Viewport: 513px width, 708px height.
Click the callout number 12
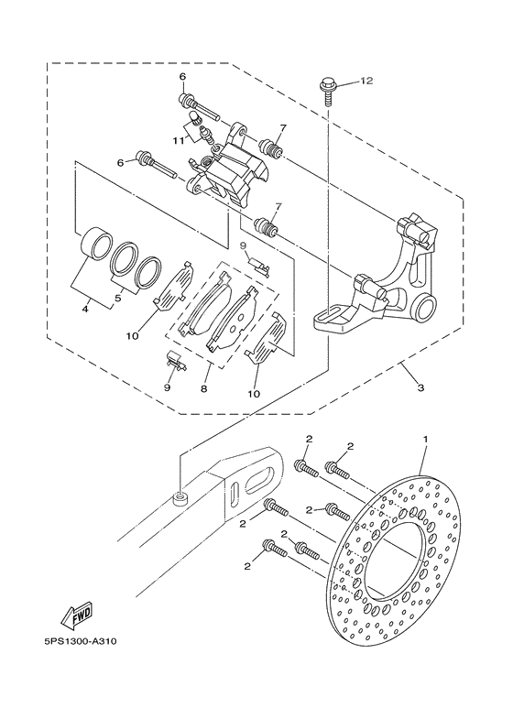click(x=366, y=82)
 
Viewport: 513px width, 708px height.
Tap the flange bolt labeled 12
click(x=327, y=88)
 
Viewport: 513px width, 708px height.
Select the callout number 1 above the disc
click(x=426, y=441)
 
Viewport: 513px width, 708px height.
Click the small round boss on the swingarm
click(x=181, y=497)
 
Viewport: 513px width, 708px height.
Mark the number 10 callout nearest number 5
click(x=133, y=336)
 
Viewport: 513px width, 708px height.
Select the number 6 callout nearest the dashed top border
click(x=182, y=76)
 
